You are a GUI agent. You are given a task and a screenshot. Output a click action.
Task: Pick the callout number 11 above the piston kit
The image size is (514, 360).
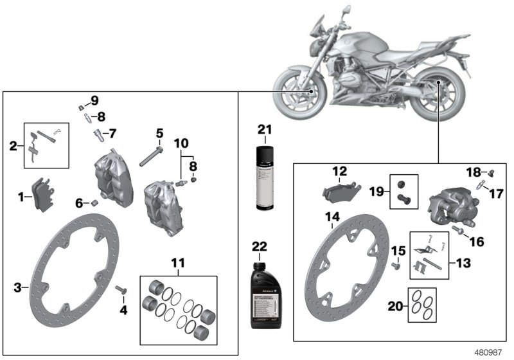pyautogui.click(x=178, y=262)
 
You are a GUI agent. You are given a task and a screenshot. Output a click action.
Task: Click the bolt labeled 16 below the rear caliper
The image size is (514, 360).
pyautogui.click(x=459, y=229)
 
